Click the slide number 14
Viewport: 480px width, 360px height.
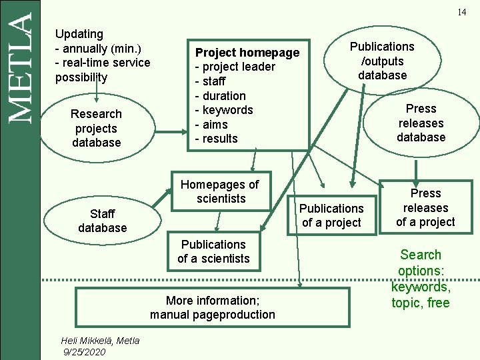(461, 13)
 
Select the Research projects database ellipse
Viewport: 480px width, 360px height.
(97, 128)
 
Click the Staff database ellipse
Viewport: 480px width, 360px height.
(102, 221)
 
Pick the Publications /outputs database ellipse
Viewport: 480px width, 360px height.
(382, 61)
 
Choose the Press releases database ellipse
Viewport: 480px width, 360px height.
(421, 123)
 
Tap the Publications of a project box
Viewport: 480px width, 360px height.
(331, 215)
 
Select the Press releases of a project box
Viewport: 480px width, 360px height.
(425, 207)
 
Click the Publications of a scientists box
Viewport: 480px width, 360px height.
(213, 251)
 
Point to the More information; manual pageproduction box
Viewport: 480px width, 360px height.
(212, 307)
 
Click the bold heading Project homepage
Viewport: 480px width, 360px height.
(247, 53)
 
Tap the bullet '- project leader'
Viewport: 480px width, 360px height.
(235, 67)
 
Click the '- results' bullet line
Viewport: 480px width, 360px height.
(216, 139)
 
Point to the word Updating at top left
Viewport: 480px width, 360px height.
(79, 33)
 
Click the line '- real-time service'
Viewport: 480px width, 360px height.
(103, 63)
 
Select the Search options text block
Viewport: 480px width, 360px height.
(421, 279)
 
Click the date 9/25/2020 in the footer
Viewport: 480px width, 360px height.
(84, 351)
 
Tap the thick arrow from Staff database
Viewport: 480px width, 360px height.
(157, 199)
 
